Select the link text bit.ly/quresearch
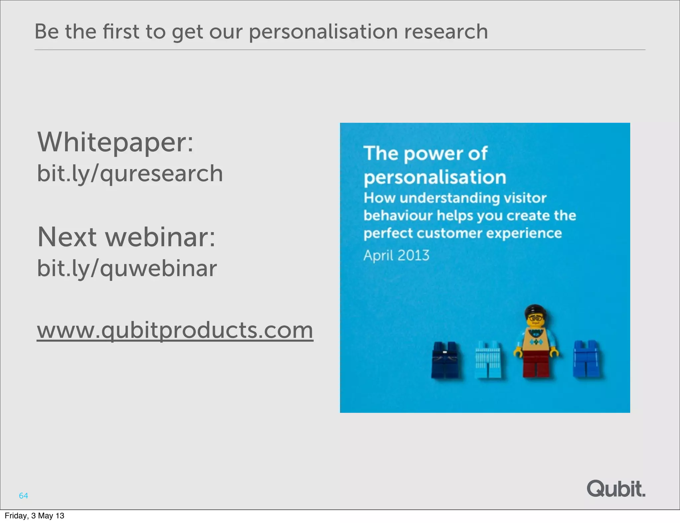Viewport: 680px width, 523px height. point(130,174)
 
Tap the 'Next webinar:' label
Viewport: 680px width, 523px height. point(126,237)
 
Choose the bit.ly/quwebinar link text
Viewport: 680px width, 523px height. point(127,268)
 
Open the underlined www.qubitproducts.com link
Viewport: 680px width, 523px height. point(175,330)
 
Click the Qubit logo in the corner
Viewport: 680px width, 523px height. point(616,489)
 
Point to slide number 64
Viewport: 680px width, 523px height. point(23,496)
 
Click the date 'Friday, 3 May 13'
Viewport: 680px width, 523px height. point(35,516)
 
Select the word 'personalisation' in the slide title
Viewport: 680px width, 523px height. point(323,32)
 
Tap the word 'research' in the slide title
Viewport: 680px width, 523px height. point(446,32)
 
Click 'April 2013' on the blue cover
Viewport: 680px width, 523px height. point(396,256)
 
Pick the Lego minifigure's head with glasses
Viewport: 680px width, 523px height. point(535,317)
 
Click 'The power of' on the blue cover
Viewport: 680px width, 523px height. point(425,154)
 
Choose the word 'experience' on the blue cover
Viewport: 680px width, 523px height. point(524,233)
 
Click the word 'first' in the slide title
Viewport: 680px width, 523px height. point(121,32)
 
